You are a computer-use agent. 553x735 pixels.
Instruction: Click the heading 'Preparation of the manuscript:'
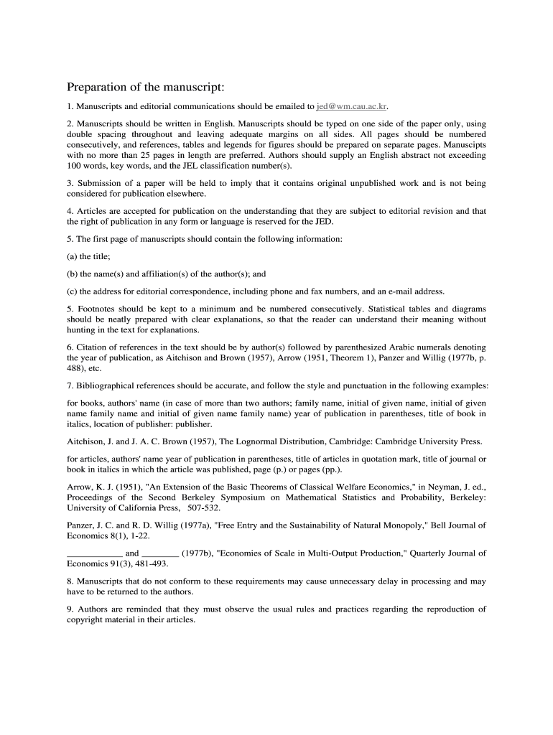pos(146,88)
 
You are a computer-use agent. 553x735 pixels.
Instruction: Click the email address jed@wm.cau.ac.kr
pos(352,106)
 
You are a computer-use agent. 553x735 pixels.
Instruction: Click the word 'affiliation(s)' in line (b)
pos(163,273)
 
